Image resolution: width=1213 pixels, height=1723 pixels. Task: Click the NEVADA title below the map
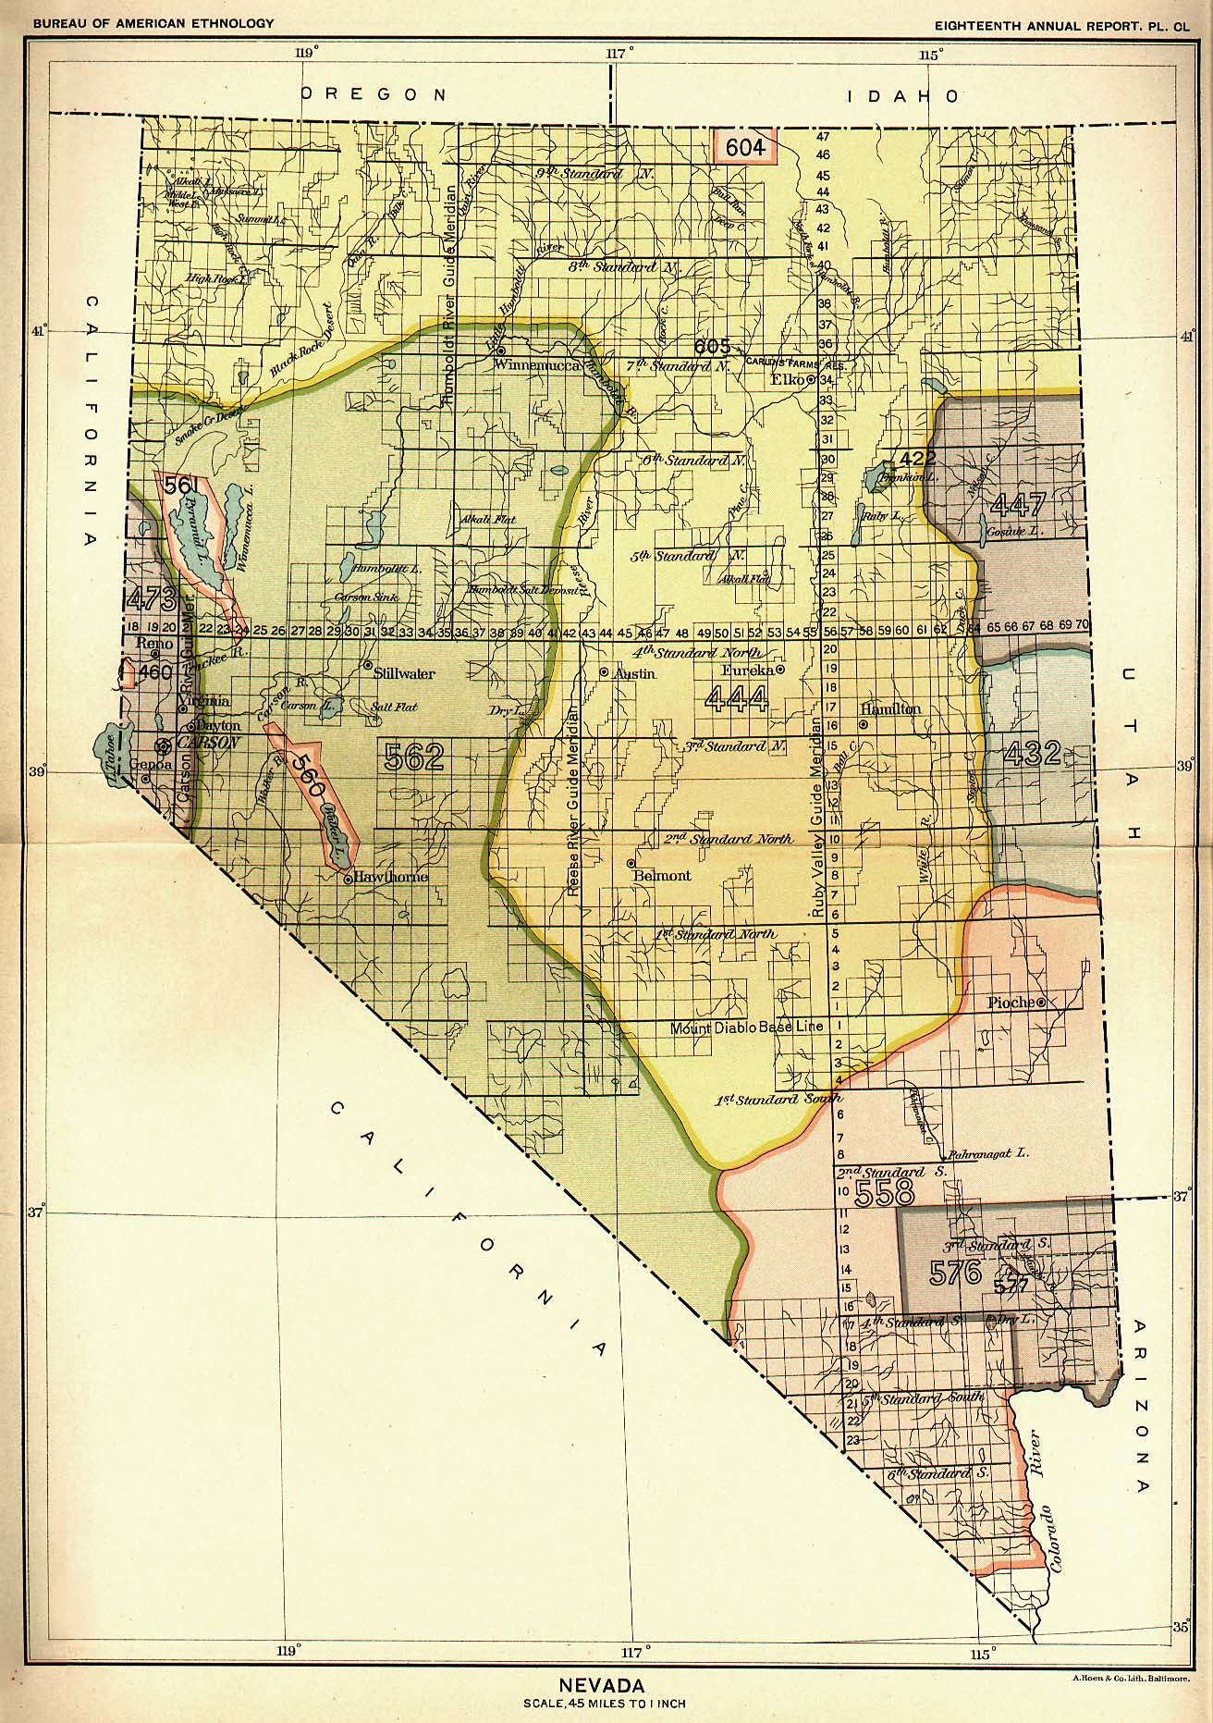tap(602, 1685)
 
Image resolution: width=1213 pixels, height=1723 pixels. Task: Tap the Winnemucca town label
tap(536, 365)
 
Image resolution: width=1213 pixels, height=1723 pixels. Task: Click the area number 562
tap(414, 757)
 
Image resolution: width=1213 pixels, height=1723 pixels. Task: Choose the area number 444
tap(736, 698)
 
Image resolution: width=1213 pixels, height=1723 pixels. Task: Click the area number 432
tap(1031, 753)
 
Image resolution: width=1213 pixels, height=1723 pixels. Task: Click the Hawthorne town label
tap(391, 876)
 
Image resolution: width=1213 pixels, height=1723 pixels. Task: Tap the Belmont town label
tap(662, 875)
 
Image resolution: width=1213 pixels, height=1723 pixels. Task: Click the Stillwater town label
tap(404, 674)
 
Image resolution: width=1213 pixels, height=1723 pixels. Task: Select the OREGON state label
tap(374, 94)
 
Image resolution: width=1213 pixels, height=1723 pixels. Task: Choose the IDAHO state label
tap(901, 95)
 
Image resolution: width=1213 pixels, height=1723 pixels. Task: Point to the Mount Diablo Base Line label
tap(746, 1028)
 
